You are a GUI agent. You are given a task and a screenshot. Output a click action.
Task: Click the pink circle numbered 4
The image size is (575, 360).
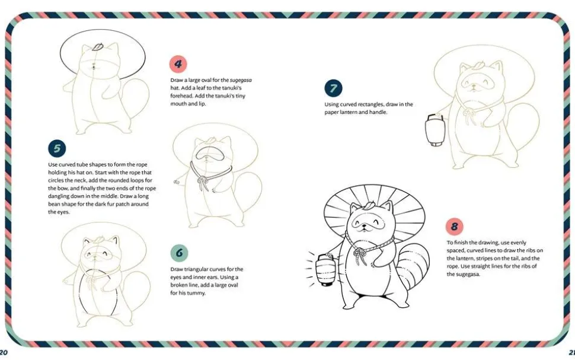(178, 64)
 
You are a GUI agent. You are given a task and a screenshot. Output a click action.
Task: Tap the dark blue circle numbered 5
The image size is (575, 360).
(57, 149)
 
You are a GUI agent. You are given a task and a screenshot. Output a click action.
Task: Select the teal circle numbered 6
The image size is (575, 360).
(179, 253)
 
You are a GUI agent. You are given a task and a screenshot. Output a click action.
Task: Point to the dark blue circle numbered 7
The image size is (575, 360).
(333, 88)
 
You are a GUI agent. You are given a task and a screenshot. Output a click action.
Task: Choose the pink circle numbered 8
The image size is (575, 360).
(454, 227)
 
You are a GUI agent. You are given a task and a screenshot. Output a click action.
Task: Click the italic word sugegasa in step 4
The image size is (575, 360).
(241, 80)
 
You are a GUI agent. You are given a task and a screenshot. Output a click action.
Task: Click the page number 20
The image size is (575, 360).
(4, 353)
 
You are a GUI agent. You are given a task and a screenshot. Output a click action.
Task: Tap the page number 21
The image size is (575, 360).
(571, 353)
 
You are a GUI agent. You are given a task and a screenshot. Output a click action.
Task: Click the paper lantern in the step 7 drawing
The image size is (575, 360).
(435, 130)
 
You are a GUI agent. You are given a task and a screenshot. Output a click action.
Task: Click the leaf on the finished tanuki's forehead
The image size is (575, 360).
(367, 205)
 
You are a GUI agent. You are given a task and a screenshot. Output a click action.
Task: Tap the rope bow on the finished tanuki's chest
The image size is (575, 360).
(360, 255)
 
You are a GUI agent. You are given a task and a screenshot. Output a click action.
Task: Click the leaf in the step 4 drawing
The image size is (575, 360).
(98, 47)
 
